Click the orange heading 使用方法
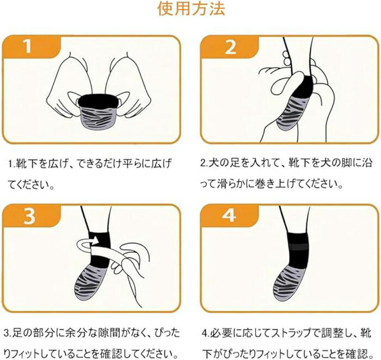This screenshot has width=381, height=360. (191, 9)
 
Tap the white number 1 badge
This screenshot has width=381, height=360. (28, 46)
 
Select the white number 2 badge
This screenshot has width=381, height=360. (230, 47)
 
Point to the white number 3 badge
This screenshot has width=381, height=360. (29, 216)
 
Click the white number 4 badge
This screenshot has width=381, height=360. (229, 215)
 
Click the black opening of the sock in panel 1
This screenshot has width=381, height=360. (98, 100)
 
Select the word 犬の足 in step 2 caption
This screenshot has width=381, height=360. (223, 163)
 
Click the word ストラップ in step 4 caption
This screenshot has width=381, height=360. (290, 333)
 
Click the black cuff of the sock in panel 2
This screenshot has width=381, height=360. (304, 86)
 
